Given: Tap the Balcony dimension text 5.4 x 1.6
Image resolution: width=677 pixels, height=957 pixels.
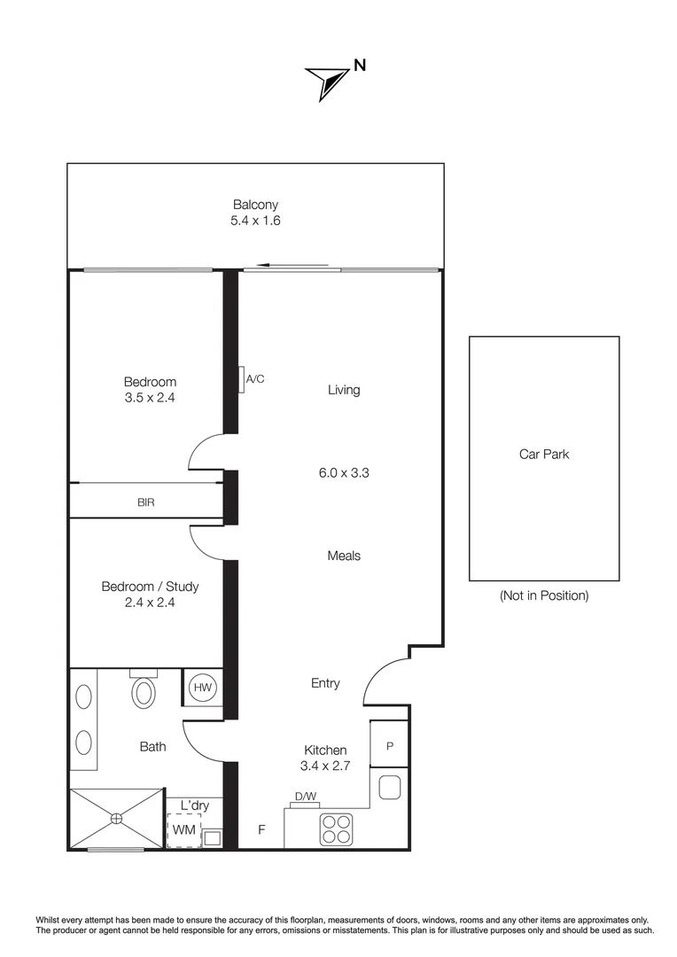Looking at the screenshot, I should pos(255,222).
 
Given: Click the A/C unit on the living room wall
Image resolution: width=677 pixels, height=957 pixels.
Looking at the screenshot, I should pos(241,379).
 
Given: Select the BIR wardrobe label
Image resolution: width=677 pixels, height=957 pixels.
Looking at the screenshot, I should pos(145,502).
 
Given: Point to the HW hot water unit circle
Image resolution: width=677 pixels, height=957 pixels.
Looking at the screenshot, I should pos(203,688).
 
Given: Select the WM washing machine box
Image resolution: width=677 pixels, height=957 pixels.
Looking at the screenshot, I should pos(183,830).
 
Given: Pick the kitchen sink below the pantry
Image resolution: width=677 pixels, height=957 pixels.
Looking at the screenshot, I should pos(389,787).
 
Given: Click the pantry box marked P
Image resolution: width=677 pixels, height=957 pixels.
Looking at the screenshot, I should pos(389,746).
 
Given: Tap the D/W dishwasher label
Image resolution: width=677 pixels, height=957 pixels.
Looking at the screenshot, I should pos(305,797).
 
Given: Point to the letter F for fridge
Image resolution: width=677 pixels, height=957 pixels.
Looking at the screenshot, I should pos(261,830).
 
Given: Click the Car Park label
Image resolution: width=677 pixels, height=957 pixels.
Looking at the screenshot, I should pos(543,454).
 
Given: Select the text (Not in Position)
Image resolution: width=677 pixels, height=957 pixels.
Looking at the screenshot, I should pos(543,595).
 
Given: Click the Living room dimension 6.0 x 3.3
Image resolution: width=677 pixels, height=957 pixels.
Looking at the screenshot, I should pos(344,473).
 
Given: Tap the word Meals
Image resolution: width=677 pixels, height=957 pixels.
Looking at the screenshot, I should pos(344,556).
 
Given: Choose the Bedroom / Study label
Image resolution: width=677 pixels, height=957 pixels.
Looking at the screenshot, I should pos(150,587).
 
